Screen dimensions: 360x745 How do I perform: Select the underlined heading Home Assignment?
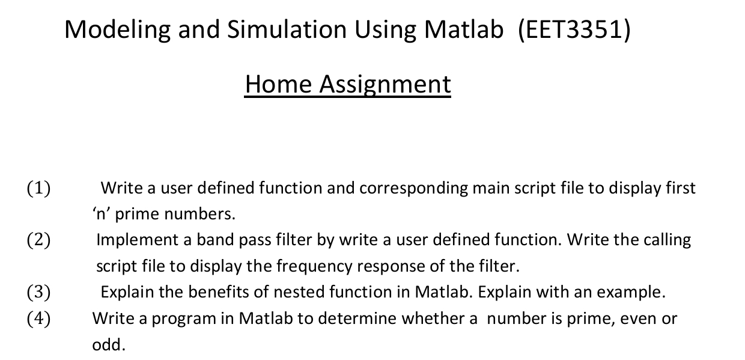(347, 84)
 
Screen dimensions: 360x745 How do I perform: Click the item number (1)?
(38, 189)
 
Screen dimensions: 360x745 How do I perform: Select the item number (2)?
(38, 240)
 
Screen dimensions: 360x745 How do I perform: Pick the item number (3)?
(38, 293)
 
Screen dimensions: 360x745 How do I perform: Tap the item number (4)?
(38, 319)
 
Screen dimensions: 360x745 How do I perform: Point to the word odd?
(106, 345)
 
